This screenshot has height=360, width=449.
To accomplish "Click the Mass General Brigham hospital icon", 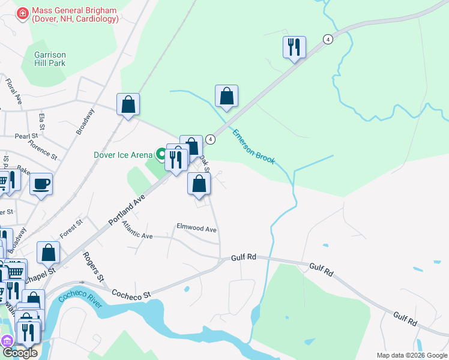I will [23, 13].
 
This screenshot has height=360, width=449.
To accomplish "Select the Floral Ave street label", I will [13, 90].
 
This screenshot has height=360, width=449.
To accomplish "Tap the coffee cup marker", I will [41, 184].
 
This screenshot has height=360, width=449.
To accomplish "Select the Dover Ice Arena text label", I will [123, 154].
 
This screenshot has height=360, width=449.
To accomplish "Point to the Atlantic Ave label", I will [137, 230].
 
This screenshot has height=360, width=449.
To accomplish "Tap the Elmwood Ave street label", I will [196, 229].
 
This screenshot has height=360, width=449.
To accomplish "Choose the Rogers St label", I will [94, 266].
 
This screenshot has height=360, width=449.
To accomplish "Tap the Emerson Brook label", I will [253, 146].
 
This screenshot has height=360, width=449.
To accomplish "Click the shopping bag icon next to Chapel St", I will [48, 253].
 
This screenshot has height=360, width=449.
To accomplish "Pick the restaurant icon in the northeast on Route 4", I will [294, 47].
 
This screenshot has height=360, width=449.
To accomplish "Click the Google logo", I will [19, 353].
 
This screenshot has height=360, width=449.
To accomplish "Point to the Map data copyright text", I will [411, 355].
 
